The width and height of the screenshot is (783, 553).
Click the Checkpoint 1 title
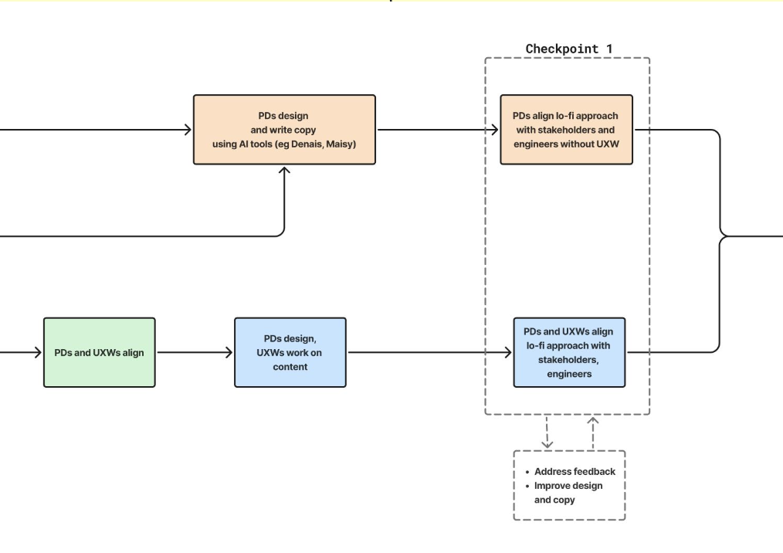(x=569, y=49)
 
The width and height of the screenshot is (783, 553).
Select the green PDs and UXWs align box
(x=100, y=352)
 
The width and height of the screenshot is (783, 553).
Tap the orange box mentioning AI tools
(x=284, y=130)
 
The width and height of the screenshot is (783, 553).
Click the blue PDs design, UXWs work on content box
(x=290, y=352)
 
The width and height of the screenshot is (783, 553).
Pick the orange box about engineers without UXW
(x=566, y=130)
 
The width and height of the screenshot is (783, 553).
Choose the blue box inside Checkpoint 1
(x=569, y=352)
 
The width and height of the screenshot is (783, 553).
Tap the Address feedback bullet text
(x=575, y=472)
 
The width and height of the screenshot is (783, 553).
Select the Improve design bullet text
(x=568, y=486)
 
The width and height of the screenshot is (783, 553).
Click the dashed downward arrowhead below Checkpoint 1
(x=547, y=443)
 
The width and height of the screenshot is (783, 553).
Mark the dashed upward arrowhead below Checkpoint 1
(x=593, y=422)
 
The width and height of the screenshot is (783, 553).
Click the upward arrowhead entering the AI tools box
(x=284, y=171)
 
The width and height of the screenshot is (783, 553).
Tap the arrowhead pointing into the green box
(x=38, y=352)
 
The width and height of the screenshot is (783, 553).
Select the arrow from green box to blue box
(x=195, y=352)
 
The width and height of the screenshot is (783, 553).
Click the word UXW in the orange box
(x=608, y=144)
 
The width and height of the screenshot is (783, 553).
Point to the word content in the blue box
(x=290, y=367)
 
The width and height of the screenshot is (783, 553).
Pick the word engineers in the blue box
(x=569, y=374)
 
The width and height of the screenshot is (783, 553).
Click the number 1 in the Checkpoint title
(x=609, y=49)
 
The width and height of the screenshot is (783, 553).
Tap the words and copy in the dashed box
(x=554, y=500)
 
